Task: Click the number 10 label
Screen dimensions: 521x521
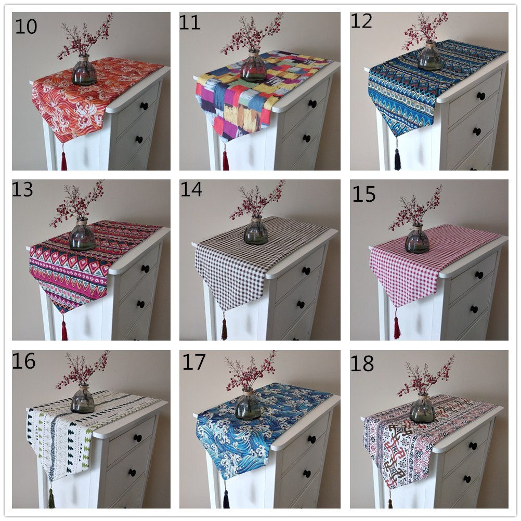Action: click(x=25, y=26)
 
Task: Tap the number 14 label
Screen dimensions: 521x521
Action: click(x=191, y=189)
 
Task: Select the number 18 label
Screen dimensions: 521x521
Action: click(x=362, y=363)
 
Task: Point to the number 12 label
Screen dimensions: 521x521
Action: click(x=361, y=21)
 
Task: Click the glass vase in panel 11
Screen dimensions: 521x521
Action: click(x=253, y=67)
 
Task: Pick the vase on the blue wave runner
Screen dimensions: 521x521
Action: click(x=248, y=406)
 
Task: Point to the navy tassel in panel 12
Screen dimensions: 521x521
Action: click(x=397, y=159)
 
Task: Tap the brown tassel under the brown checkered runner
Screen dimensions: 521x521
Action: click(x=225, y=329)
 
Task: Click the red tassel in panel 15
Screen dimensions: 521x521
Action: click(x=397, y=328)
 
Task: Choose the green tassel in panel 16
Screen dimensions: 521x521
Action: click(x=51, y=499)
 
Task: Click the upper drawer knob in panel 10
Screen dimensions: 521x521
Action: click(x=144, y=106)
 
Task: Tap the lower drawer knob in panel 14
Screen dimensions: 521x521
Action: click(x=300, y=305)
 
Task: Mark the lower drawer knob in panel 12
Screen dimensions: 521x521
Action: click(x=476, y=131)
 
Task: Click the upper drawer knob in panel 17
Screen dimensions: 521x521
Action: click(x=311, y=440)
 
